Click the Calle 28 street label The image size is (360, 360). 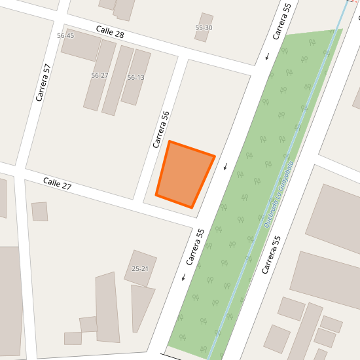110,31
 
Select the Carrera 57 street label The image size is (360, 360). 43,82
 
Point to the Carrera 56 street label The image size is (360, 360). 161,128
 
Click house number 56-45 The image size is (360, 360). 65,35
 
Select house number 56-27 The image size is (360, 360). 99,75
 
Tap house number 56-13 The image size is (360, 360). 135,77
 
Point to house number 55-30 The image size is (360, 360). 204,27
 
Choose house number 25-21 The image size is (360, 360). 140,268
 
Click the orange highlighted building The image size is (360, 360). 185,173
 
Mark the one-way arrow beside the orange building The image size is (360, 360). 226,166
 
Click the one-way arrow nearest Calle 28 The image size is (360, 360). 267,56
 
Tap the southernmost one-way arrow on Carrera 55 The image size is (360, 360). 184,276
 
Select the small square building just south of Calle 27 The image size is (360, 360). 40,211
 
